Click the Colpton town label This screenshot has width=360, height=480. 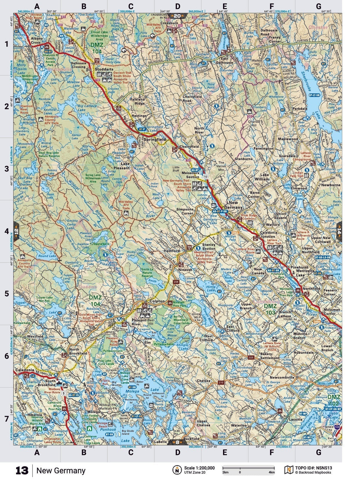[x=157, y=301]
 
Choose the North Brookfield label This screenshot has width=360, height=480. [x=78, y=352]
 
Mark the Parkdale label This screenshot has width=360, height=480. [x=300, y=109]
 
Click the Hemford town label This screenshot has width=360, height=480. [x=172, y=251]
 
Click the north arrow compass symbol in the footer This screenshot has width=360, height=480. [x=177, y=470]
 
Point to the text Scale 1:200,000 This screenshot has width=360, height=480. [x=199, y=468]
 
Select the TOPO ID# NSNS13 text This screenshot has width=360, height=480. [x=313, y=468]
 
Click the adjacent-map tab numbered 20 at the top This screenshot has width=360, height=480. [x=177, y=16]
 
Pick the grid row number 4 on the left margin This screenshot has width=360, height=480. [x=6, y=231]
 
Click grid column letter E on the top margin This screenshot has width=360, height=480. [x=224, y=6]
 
